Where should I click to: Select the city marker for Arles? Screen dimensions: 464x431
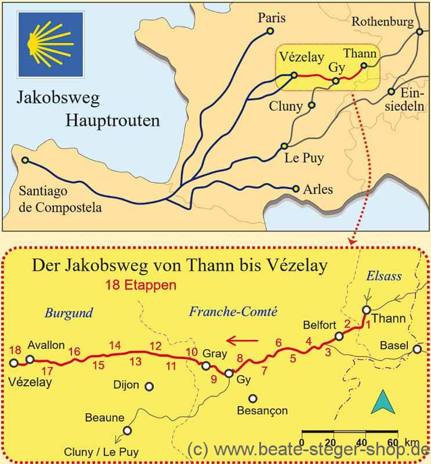(296, 188)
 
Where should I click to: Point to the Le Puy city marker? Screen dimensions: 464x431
(284, 146)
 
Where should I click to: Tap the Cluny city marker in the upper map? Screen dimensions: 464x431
(312, 106)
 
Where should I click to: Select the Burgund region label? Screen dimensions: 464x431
(68, 313)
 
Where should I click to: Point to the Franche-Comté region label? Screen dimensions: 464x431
(233, 311)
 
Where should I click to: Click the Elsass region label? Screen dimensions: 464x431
(384, 277)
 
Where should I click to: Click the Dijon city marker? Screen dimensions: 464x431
(149, 386)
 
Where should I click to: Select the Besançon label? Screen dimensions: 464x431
(262, 411)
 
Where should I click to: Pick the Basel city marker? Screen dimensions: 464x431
(416, 349)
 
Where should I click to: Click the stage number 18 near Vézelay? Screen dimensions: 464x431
(15, 350)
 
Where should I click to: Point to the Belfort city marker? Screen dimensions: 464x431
(339, 336)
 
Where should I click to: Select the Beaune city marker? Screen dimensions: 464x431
(127, 430)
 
